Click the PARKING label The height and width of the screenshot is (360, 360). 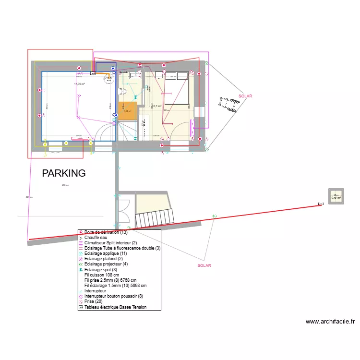click(64, 173)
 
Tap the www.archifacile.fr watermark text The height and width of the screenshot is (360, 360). click(330, 322)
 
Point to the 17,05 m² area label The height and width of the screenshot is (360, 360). click(79, 84)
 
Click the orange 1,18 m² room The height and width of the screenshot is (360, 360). click(127, 111)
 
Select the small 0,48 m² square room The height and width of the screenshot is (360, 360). click(336, 197)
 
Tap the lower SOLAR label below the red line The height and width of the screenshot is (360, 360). click(204, 265)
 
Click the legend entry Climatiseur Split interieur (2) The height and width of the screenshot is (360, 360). click(110, 243)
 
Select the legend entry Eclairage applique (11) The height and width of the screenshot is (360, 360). click(104, 253)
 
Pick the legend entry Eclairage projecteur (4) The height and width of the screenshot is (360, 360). click(106, 264)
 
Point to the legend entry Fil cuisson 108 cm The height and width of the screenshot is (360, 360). click(101, 275)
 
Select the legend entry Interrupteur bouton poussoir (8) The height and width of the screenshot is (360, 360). click(114, 296)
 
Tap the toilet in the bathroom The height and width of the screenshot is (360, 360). click(123, 91)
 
